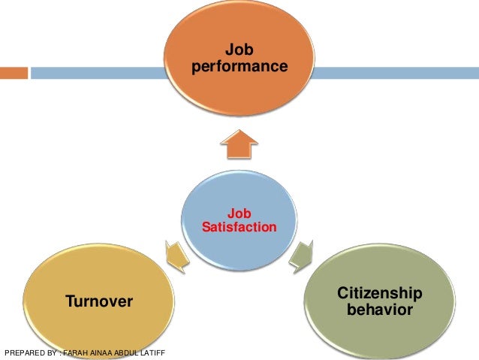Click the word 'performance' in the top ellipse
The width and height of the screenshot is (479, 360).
239,67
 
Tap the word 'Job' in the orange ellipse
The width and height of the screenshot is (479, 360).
239,51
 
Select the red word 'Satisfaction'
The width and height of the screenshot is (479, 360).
239,226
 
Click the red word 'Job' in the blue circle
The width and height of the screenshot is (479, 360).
239,213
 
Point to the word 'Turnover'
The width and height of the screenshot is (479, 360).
99,302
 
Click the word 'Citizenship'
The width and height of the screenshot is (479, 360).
380,293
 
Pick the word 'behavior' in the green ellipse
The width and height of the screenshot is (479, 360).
380,309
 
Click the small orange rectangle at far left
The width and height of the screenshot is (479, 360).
14,73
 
